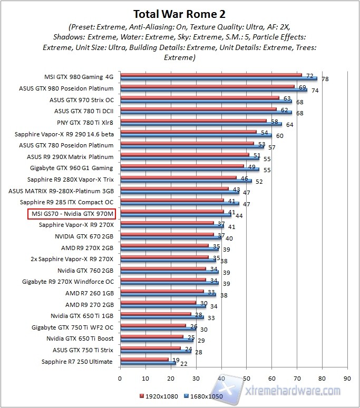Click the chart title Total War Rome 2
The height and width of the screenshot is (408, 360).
[180, 13]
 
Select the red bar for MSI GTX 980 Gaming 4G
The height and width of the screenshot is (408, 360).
[211, 75]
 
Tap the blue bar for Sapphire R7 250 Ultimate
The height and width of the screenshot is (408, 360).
[148, 363]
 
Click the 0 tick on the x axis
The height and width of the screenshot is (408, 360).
[120, 378]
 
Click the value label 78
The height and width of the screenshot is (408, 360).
[325, 79]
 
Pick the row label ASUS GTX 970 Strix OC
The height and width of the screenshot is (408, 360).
[82, 99]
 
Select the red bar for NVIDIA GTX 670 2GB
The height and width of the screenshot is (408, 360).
[167, 235]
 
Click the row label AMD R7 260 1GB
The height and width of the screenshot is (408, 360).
[89, 293]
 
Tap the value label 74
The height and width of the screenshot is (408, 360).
[315, 91]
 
